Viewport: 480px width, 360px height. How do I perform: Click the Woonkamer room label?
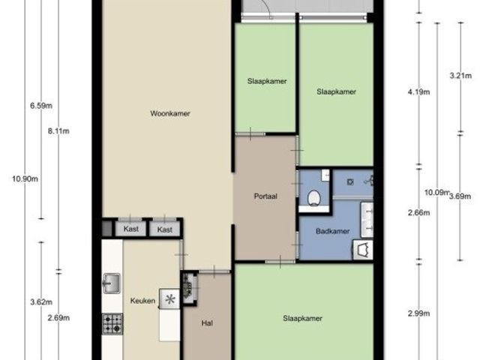pos(170,113)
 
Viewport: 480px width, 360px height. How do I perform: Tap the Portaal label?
pos(265,196)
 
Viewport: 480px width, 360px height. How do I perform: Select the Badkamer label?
pos(332,231)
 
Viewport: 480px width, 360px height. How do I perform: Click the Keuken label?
pos(142,301)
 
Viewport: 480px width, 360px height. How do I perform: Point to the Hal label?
pos(207,323)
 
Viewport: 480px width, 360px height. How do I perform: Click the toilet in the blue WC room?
pos(313,198)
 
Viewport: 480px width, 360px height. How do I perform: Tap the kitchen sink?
pos(112,283)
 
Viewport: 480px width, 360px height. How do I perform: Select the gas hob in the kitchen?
pos(112,324)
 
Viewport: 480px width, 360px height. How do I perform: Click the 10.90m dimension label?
pos(25,178)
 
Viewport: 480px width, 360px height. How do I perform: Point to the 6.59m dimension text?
pos(41,106)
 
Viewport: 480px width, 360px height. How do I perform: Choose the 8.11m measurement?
pos(58,131)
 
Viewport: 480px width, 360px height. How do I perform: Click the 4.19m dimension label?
pos(418,91)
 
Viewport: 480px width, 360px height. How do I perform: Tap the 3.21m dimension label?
pos(460,75)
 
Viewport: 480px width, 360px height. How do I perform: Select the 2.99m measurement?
pos(418,313)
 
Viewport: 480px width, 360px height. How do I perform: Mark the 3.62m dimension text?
pos(41,302)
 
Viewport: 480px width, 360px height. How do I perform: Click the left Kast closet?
pos(130,229)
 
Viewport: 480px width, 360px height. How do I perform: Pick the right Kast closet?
pos(165,229)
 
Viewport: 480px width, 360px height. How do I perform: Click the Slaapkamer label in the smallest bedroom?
pos(267,81)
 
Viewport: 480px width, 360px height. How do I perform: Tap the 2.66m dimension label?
pos(418,213)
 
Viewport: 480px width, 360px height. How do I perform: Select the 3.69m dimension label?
pos(460,196)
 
